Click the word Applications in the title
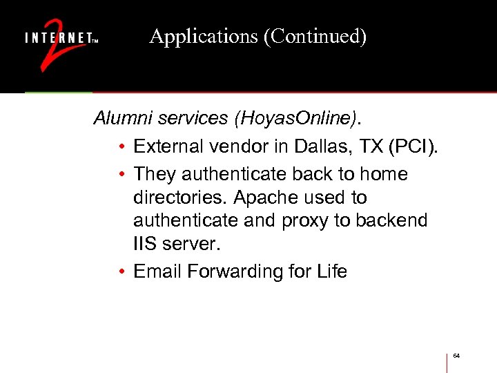click(203, 37)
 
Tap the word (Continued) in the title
click(314, 37)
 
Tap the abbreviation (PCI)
click(418, 146)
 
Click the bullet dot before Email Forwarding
click(121, 272)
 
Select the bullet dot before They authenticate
click(121, 175)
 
